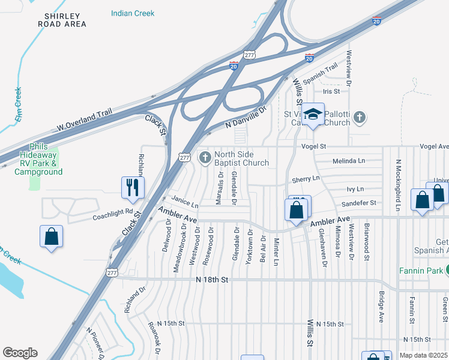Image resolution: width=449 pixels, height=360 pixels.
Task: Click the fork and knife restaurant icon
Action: click(133, 187)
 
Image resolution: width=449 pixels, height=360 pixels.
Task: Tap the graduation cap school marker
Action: click(312, 115)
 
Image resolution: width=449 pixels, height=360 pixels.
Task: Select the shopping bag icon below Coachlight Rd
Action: click(52, 236)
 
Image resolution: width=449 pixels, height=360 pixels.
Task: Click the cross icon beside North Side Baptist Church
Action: click(205, 158)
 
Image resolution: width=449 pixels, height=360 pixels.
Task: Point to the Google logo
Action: click(20, 353)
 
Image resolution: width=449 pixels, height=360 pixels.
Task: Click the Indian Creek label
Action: click(133, 13)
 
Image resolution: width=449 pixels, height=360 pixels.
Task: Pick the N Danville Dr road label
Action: click(245, 117)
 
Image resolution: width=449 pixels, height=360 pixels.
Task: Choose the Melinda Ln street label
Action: click(348, 161)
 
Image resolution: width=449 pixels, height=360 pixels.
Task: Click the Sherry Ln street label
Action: click(306, 179)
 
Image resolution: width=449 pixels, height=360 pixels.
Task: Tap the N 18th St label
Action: click(212, 280)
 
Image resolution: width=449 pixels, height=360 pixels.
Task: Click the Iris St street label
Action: click(331, 91)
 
